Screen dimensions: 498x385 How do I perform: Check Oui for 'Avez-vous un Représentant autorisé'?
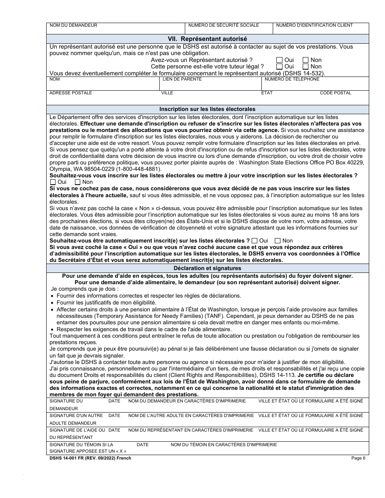coord(279,60)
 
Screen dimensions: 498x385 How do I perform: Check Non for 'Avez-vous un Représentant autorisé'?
coord(306,60)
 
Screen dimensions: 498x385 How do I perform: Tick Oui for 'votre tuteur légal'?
coord(279,66)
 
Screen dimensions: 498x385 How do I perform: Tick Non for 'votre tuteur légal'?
coord(306,66)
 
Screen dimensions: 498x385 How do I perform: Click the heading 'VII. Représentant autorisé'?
coord(207,39)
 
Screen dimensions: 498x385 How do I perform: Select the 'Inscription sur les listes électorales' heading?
coord(207,109)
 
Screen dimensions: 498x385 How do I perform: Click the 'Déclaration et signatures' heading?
coord(207,268)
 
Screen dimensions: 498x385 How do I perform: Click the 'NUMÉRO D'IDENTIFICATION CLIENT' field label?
coord(314,26)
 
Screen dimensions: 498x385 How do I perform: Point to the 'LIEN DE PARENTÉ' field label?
coord(182,79)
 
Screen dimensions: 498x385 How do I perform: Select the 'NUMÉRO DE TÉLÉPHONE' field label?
coord(292,79)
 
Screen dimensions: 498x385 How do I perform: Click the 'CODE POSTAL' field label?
coord(336,93)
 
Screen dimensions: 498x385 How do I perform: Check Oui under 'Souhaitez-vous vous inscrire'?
coord(53,182)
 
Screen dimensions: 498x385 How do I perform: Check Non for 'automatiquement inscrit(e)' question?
coord(278,240)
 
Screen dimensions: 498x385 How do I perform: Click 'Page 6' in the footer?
coord(358,458)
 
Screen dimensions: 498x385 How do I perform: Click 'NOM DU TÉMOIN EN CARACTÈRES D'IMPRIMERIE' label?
coord(224,445)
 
